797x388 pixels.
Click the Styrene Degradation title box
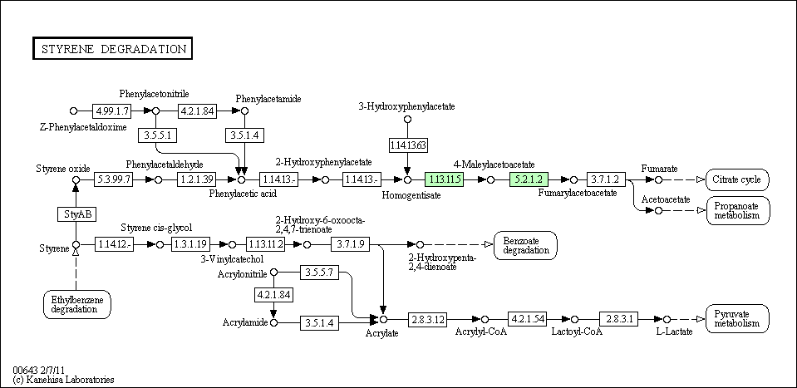click(112, 48)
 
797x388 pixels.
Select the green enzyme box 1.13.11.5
click(445, 179)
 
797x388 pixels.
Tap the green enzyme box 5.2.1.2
click(529, 179)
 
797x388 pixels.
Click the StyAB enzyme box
click(76, 214)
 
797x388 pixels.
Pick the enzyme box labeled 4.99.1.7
click(112, 111)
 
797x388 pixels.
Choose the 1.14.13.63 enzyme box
click(408, 145)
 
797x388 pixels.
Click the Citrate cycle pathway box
click(737, 179)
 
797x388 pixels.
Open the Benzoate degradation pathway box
click(525, 245)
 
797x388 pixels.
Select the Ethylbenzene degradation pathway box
click(77, 304)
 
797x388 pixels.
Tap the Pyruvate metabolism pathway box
click(737, 319)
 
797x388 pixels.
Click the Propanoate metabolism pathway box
click(737, 210)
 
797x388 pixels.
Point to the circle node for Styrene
click(76, 245)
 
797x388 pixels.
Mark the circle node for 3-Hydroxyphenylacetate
click(407, 120)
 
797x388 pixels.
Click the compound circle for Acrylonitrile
click(274, 273)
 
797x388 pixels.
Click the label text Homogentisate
click(411, 194)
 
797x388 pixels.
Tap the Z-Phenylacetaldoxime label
click(83, 127)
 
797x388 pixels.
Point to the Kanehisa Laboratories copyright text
click(63, 380)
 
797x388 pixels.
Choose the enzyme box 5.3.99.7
click(113, 179)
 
